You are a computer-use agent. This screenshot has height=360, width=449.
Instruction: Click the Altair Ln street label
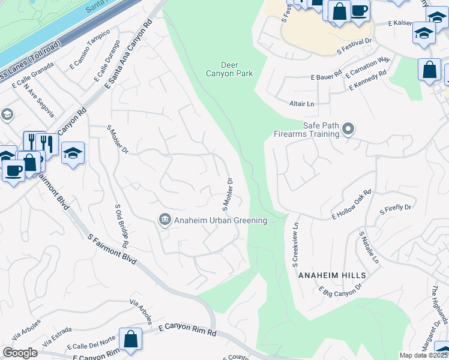[x=301, y=104]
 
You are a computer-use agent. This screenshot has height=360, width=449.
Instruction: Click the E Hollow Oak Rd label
[x=352, y=205]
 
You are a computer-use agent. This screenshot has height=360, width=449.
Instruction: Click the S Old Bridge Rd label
[x=121, y=226]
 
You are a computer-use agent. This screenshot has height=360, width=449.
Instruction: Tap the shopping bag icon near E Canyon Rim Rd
[x=130, y=340]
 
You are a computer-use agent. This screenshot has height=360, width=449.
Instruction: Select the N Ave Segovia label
[x=40, y=100]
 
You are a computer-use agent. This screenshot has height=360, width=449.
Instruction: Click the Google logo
[x=20, y=352]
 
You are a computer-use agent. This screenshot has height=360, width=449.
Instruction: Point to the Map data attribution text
[x=424, y=355]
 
